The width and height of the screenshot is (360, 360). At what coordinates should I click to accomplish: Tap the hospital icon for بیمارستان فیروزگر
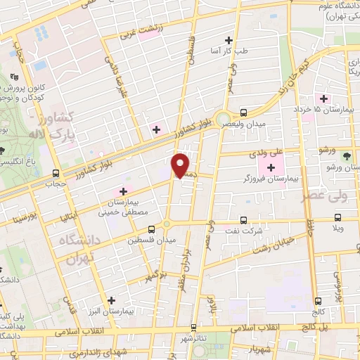pos(271,167)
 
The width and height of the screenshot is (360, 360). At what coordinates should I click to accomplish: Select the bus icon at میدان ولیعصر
pos(243,112)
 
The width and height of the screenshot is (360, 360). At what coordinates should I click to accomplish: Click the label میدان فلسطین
pos(150,240)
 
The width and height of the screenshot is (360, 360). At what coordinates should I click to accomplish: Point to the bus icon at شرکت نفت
pos(243,219)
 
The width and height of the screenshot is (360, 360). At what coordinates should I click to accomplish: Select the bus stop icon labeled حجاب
pos(56,173)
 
